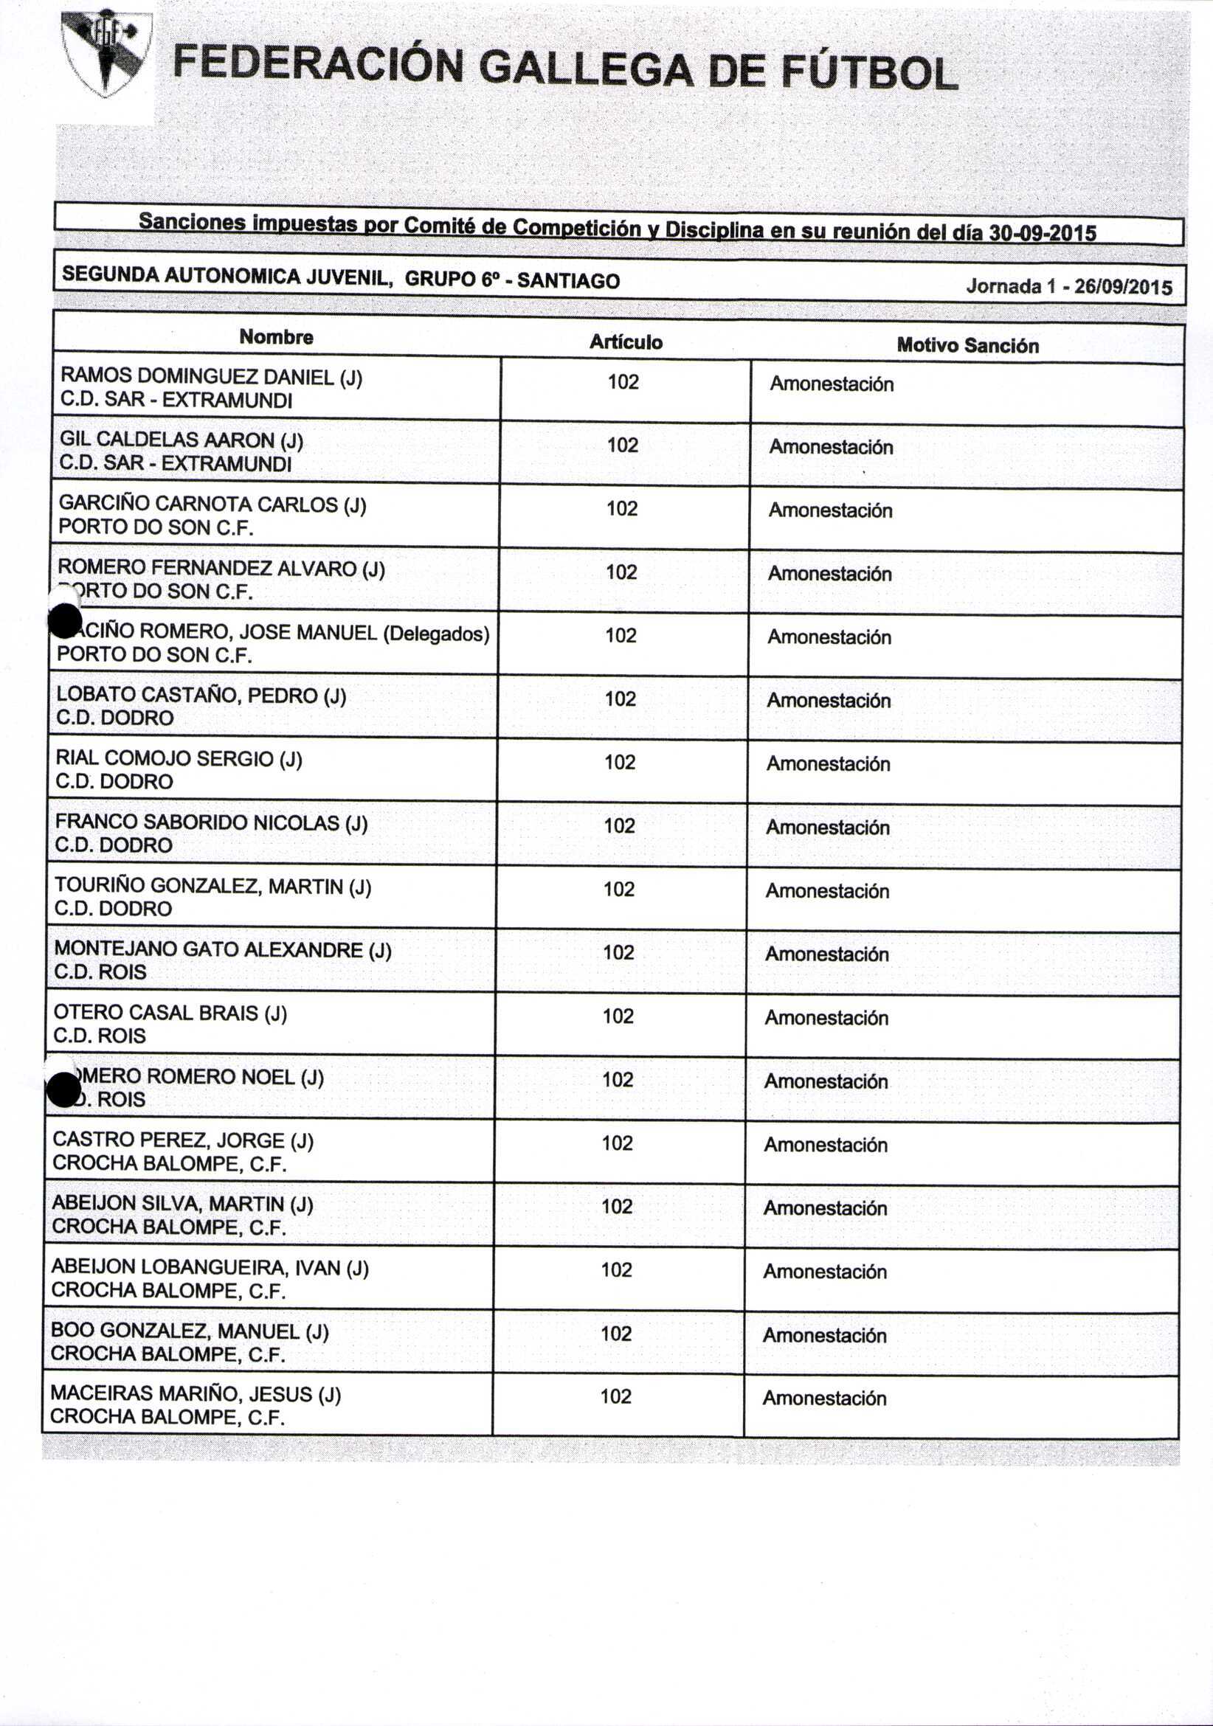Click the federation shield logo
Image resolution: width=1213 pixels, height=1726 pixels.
(106, 52)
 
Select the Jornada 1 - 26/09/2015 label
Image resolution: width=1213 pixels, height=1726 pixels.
(1068, 286)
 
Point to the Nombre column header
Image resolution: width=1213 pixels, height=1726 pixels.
(276, 338)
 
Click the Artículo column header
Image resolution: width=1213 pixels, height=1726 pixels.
(625, 343)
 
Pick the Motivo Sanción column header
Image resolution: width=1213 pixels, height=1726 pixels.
(967, 346)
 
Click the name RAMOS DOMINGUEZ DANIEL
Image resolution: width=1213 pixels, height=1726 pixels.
(197, 376)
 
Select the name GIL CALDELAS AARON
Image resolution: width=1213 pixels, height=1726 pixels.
(166, 440)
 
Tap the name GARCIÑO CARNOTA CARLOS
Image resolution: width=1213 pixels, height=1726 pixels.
(198, 504)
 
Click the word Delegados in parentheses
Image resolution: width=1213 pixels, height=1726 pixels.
(436, 634)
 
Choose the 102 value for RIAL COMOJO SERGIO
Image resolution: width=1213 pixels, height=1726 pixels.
(620, 762)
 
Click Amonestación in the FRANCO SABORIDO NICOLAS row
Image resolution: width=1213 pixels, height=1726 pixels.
(827, 828)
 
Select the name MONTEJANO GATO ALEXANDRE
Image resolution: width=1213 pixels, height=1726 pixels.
(208, 950)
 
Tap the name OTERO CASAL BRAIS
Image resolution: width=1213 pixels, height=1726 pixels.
(156, 1013)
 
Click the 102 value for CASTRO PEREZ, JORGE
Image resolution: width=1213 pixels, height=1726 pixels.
(617, 1143)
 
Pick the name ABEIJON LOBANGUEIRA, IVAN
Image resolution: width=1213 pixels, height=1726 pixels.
(196, 1268)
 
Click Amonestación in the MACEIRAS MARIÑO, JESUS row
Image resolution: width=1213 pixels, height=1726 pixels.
(824, 1399)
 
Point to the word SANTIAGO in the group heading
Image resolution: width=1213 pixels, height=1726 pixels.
(568, 281)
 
